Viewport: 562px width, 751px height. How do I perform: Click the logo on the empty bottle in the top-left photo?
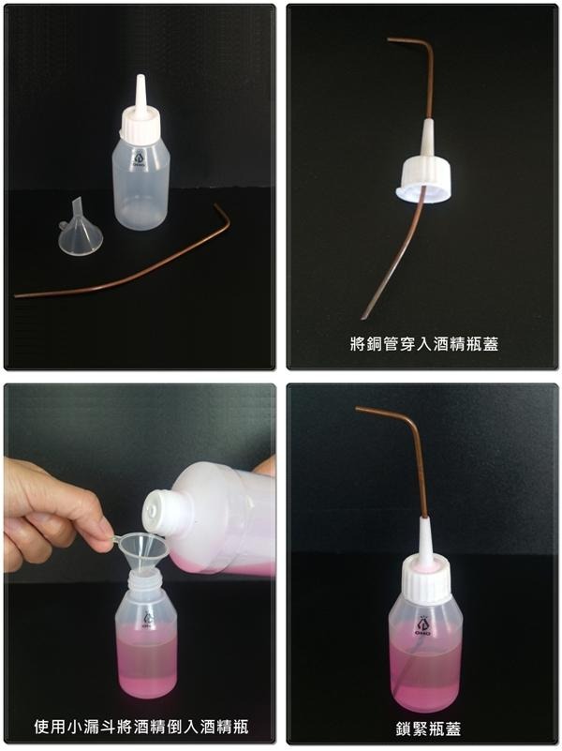(140, 159)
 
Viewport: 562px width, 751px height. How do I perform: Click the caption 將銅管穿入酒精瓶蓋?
(424, 343)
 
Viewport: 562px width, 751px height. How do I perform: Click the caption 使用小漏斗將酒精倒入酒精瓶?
(141, 727)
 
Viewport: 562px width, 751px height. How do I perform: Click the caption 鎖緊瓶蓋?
(429, 728)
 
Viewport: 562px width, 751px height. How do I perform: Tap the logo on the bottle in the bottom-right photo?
(422, 625)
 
